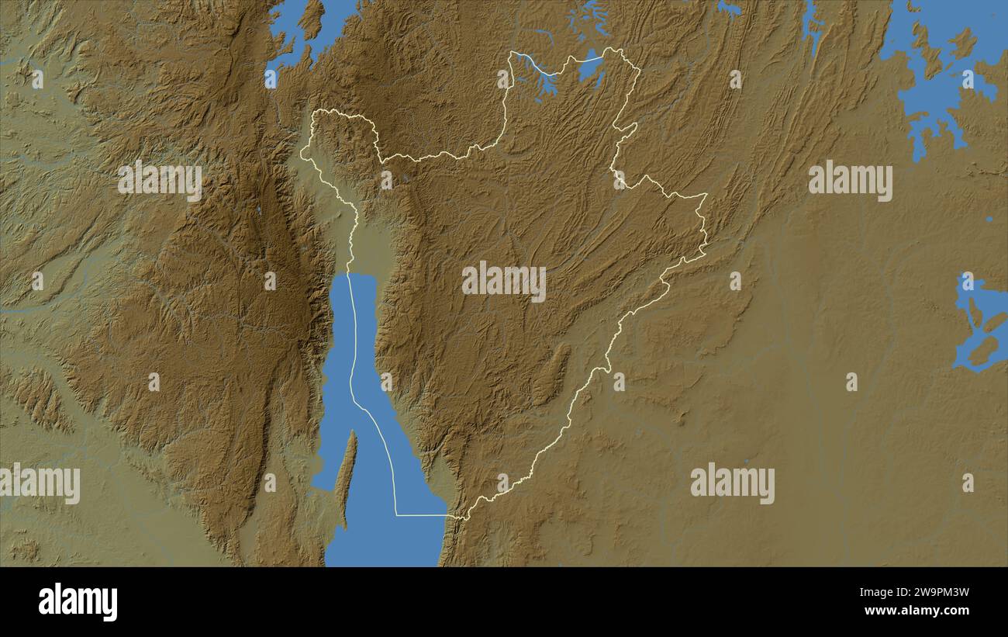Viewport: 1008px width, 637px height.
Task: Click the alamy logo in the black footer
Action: point(78,602)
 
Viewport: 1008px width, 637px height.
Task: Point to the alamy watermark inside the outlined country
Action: point(504,282)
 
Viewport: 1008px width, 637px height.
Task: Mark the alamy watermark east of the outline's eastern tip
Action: point(850,181)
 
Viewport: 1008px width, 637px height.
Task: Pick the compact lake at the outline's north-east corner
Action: point(591,66)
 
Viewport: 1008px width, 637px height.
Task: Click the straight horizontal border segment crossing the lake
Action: point(421,514)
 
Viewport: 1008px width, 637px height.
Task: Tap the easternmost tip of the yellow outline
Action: point(706,195)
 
